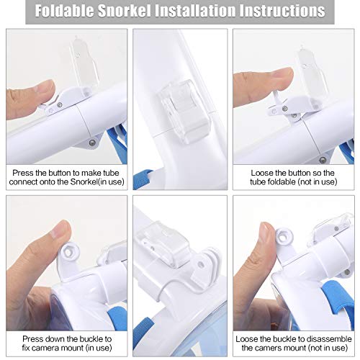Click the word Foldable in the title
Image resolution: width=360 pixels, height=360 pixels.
[65, 11]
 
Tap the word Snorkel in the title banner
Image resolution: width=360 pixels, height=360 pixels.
[125, 11]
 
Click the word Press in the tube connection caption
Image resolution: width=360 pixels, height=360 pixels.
[22, 173]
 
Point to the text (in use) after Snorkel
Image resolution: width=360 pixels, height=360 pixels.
[112, 181]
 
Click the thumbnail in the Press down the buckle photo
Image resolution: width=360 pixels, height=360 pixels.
[62, 230]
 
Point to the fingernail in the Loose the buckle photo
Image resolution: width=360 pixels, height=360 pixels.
[266, 230]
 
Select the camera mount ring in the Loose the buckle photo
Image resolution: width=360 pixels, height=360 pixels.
[284, 237]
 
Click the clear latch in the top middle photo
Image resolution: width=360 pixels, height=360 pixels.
[184, 112]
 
